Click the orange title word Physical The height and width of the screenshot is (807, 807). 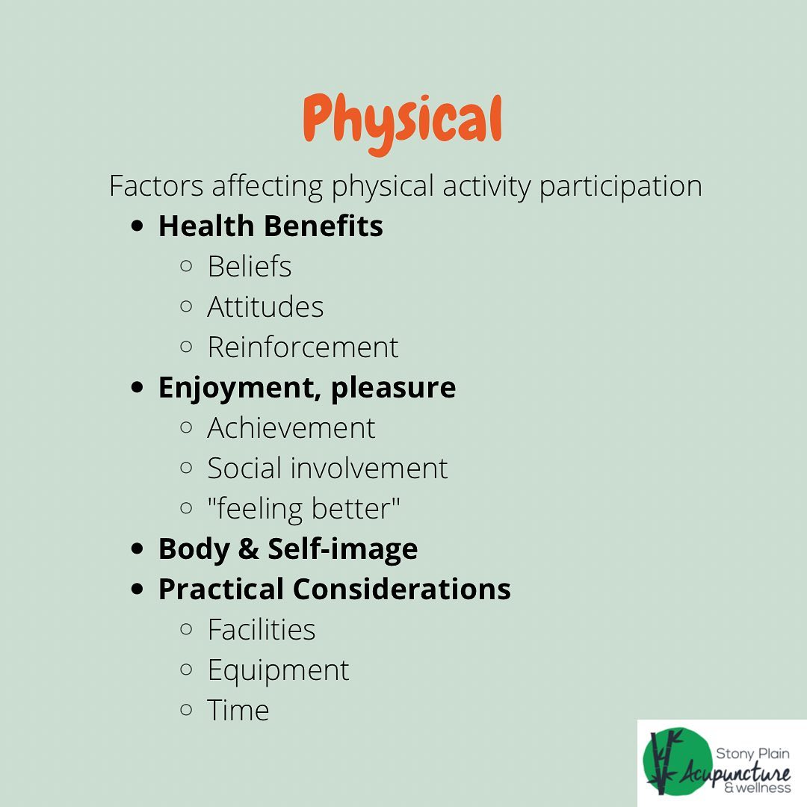403,123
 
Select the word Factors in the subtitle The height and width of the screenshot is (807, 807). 156,185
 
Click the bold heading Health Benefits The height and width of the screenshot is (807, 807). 270,226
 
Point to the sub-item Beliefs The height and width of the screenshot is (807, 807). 250,266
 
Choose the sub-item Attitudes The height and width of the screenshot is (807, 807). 265,307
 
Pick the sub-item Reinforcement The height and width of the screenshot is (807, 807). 303,347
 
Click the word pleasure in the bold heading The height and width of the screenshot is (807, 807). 393,389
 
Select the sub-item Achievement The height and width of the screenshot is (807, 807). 291,427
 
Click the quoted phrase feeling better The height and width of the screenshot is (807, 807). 303,510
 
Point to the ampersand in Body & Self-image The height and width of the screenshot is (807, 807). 249,548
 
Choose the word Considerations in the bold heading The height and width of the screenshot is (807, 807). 402,589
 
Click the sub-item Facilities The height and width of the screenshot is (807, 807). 262,629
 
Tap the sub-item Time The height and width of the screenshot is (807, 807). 238,711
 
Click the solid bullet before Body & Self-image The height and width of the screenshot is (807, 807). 137,548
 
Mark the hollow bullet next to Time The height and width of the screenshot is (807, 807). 186,711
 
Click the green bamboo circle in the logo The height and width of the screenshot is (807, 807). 674,761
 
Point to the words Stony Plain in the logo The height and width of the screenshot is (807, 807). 752,754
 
